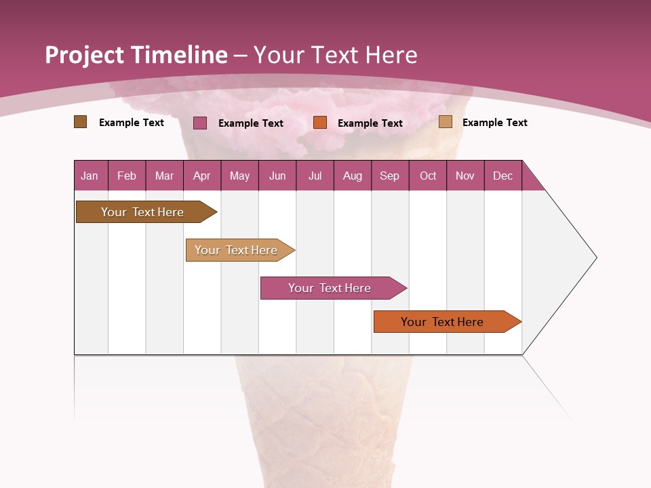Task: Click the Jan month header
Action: [x=90, y=176]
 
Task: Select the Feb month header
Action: [x=127, y=176]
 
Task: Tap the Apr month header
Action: [x=201, y=176]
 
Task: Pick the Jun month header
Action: [x=277, y=176]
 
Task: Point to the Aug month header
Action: [x=352, y=176]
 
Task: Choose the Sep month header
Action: [x=389, y=176]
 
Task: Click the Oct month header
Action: [x=428, y=176]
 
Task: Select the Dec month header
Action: [x=502, y=176]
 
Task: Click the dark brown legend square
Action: [x=80, y=122]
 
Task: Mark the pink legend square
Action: [x=200, y=123]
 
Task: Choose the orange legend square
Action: [x=320, y=123]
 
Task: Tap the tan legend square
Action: [x=446, y=122]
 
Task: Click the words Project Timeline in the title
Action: [x=136, y=55]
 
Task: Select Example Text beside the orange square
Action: [x=370, y=123]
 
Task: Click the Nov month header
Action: [x=465, y=176]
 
